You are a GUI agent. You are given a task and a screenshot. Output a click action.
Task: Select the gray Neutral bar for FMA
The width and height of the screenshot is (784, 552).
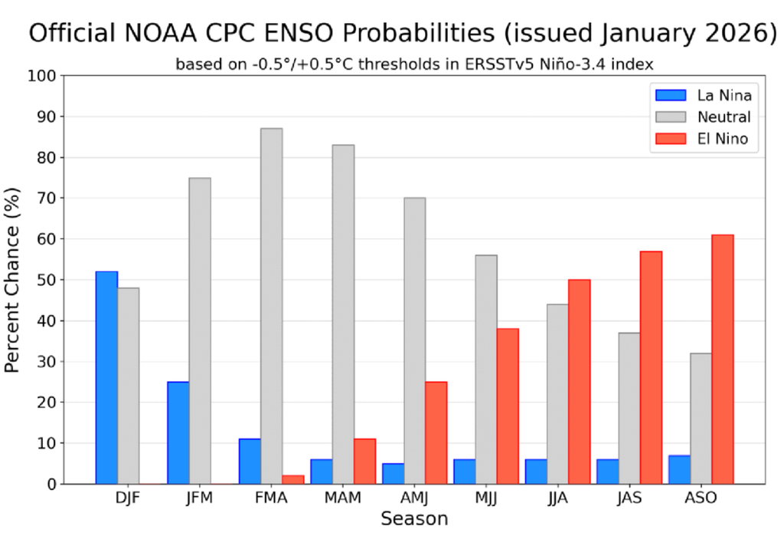[x=271, y=306]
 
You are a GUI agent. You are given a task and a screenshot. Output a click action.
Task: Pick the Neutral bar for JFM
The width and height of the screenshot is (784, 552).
[x=200, y=330]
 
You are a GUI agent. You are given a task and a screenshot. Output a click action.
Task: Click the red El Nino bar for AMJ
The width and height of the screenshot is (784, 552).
[x=436, y=432]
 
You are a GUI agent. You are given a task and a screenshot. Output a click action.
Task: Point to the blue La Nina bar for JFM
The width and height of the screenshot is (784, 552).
[x=178, y=432]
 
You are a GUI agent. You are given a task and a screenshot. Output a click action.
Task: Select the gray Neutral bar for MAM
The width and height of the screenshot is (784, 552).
[x=343, y=314]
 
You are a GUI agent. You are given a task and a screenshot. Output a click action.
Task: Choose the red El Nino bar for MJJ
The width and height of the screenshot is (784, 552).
[x=508, y=406]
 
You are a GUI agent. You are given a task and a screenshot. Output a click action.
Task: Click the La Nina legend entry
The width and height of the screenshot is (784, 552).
[x=702, y=96]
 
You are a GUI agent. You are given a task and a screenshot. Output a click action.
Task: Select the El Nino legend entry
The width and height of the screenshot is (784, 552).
[x=702, y=139]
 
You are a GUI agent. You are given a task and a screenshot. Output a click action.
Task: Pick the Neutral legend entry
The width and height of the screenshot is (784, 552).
[x=702, y=117]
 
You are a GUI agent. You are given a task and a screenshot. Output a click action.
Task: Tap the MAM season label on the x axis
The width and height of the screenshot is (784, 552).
[x=343, y=498]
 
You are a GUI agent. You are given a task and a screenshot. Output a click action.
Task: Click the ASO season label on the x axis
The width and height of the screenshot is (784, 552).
[x=701, y=498]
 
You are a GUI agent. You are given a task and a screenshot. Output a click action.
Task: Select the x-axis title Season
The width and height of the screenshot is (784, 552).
[x=414, y=520]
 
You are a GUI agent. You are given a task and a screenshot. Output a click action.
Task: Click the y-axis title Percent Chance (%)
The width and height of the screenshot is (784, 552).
[x=13, y=280]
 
